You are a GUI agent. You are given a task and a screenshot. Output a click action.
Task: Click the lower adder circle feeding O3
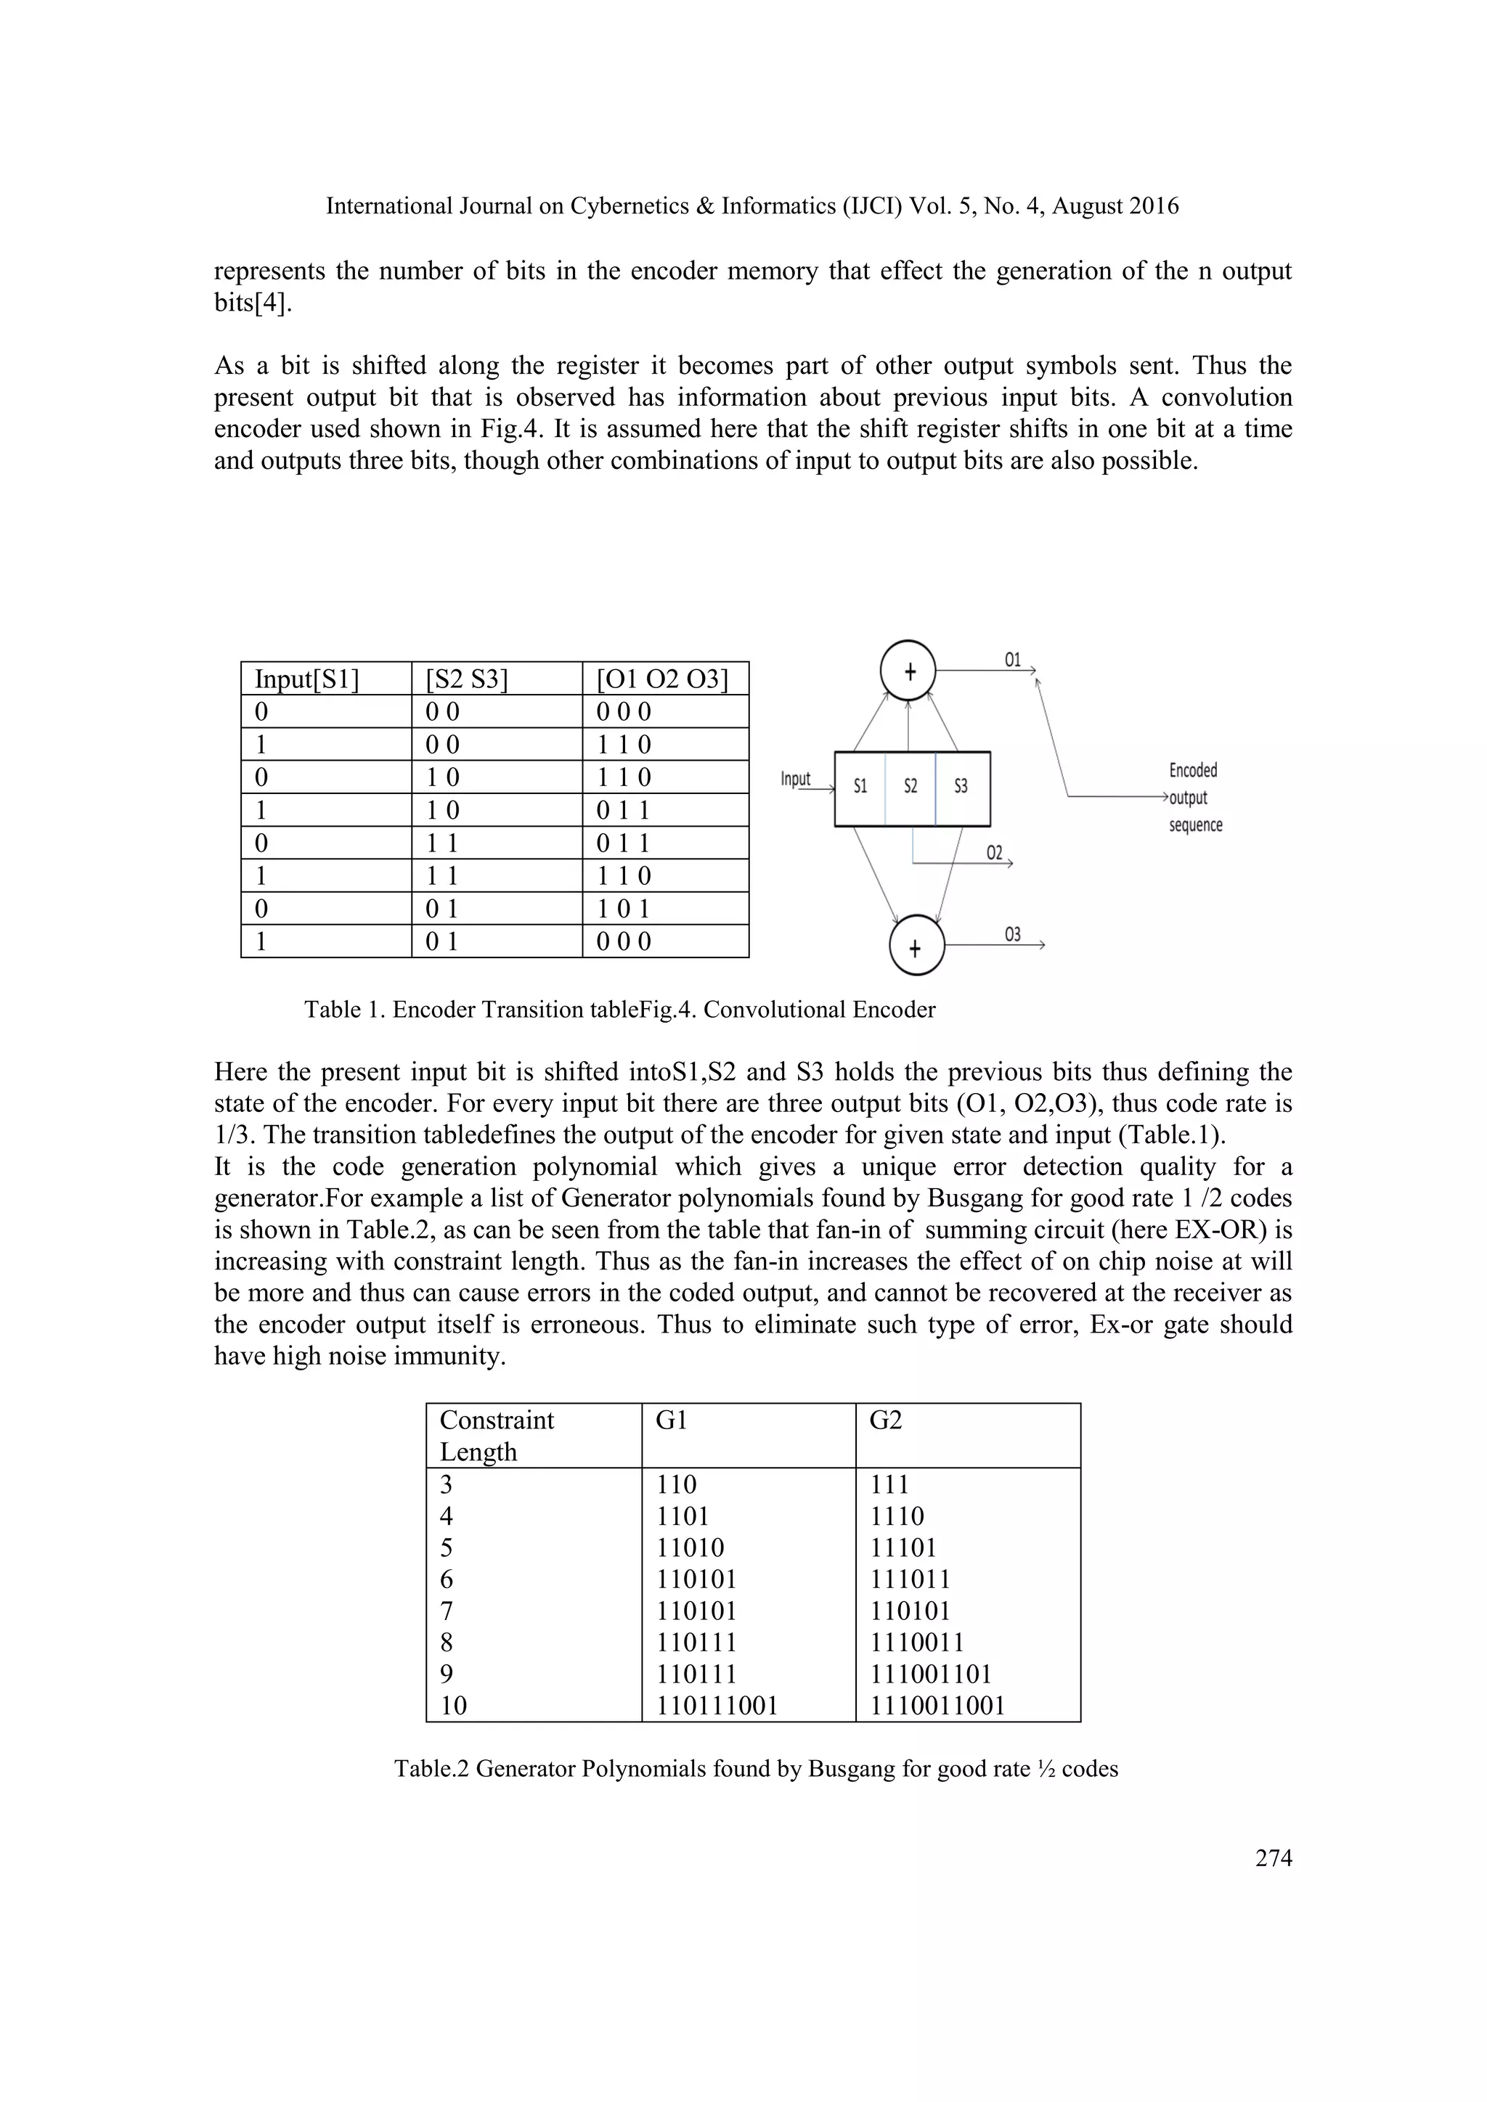[x=916, y=947]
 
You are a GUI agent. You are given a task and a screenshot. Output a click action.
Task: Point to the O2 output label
[x=995, y=854]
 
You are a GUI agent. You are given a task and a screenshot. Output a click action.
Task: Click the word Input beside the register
[x=796, y=779]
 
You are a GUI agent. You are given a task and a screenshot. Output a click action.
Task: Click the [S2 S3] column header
[x=467, y=679]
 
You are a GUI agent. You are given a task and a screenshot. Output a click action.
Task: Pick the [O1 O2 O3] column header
[x=663, y=679]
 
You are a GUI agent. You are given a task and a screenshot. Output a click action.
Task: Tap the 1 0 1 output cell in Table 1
[x=624, y=909]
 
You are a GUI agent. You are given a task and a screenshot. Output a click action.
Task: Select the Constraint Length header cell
[x=497, y=1436]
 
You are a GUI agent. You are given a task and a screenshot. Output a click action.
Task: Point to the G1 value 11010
[x=690, y=1548]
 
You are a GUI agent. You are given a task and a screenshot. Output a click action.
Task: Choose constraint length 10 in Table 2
[x=453, y=1706]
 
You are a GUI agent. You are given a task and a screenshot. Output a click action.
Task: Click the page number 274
[x=1274, y=1857]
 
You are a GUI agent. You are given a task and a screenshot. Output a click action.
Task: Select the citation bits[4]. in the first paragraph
[x=253, y=303]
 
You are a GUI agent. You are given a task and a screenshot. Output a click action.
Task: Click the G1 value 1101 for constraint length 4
[x=683, y=1516]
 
